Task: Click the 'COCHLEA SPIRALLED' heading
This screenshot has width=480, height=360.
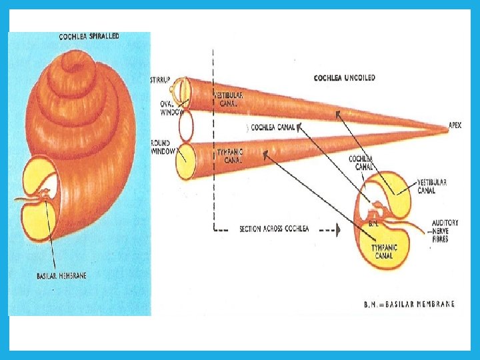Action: [x=89, y=37]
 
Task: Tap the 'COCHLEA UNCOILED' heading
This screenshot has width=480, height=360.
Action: [x=344, y=78]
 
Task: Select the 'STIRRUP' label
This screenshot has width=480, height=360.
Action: [x=161, y=80]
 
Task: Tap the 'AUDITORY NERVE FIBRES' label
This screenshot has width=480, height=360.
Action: [x=445, y=231]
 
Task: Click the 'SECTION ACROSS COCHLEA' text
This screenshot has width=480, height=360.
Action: [x=274, y=229]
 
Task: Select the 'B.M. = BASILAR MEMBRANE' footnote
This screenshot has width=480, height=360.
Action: [x=409, y=304]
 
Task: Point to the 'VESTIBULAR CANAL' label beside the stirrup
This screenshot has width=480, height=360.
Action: [x=228, y=99]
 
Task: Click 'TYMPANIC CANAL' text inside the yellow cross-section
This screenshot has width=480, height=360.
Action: [x=384, y=251]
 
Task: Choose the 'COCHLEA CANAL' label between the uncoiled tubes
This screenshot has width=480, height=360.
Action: [x=273, y=127]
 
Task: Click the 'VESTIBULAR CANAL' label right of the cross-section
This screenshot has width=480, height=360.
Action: [x=431, y=186]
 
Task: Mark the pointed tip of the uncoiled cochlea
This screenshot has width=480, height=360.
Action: [x=445, y=128]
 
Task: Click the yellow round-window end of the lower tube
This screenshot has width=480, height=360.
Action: [x=185, y=161]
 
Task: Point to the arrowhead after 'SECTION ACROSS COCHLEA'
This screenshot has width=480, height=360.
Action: [x=337, y=229]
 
